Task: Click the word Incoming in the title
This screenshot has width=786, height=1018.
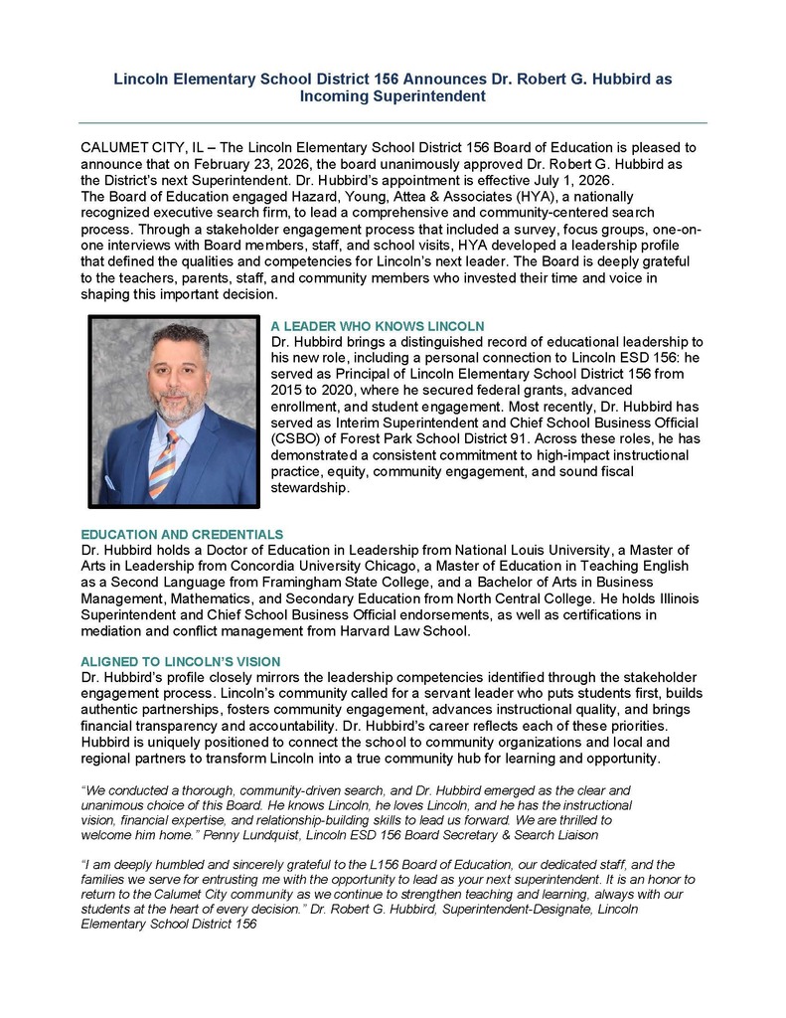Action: [331, 96]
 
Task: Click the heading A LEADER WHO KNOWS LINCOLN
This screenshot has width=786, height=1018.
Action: [377, 326]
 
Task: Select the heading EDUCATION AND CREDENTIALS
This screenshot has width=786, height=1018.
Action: [182, 535]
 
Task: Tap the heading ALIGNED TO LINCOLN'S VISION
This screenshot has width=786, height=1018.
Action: [180, 662]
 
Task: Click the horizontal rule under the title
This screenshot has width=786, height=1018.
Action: [393, 122]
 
